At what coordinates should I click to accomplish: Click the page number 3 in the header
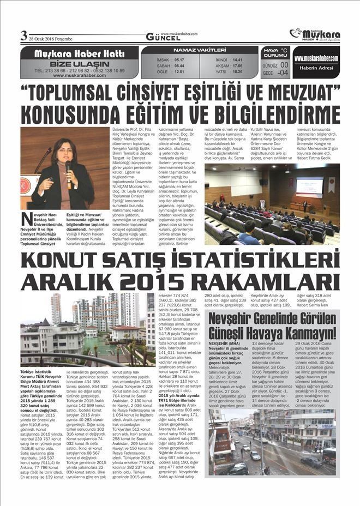[23, 37]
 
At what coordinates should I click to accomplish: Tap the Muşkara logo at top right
[314, 34]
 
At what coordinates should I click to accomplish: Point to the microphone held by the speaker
[69, 168]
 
